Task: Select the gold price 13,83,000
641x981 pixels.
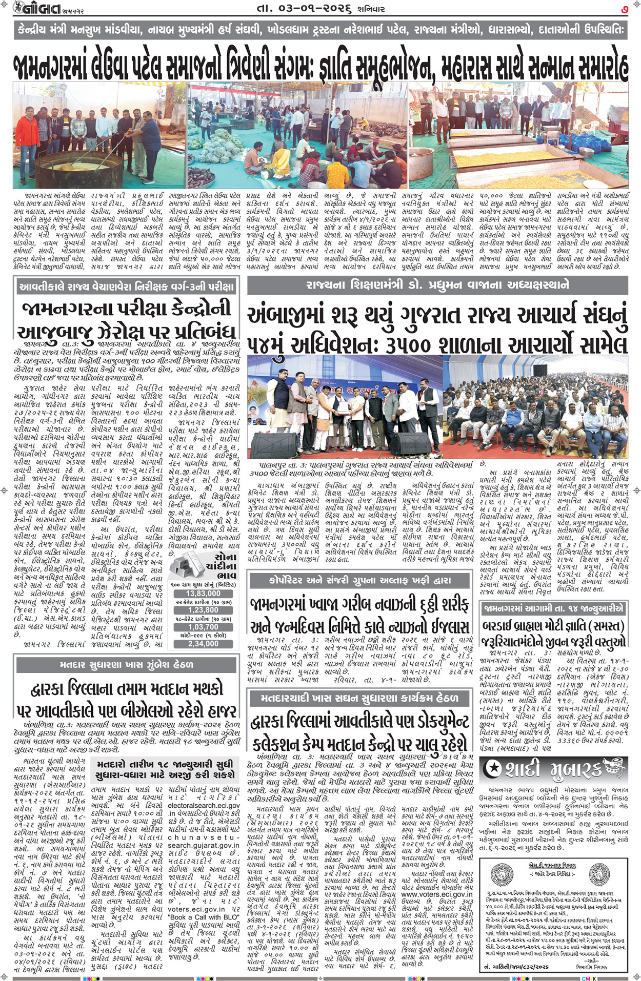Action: tap(203, 594)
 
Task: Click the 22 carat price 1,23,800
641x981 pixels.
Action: tap(203, 610)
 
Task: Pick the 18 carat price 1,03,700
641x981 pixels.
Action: tap(203, 627)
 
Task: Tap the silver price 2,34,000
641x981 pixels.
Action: tap(203, 644)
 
